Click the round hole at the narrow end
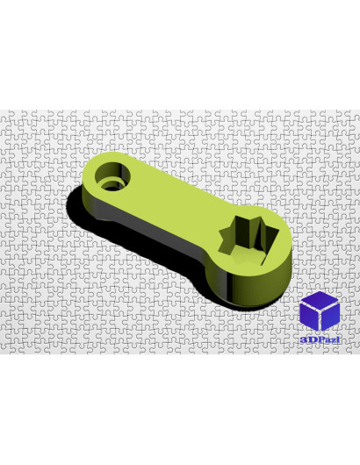pos(112,176)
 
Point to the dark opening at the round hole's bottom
pos(113,188)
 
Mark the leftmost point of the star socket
pos(220,232)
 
